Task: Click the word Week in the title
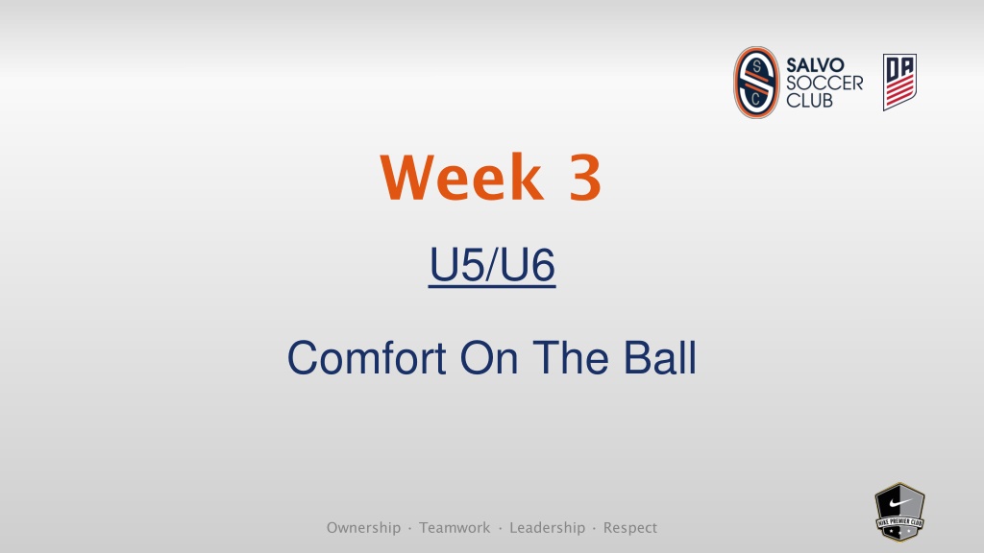tap(461, 177)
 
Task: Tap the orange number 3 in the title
tap(585, 178)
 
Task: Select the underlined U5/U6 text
tap(492, 265)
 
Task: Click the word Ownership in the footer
tap(363, 528)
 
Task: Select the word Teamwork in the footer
tap(455, 528)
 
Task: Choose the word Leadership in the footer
tap(547, 528)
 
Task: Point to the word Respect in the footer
tap(630, 528)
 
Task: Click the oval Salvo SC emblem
tap(756, 83)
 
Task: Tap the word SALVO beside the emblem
tap(815, 65)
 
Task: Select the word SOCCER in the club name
tap(824, 83)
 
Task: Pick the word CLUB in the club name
tap(809, 100)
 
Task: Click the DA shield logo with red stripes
tap(899, 83)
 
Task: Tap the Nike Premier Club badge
tap(899, 512)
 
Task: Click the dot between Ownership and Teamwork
tap(409, 528)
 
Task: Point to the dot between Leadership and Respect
tap(594, 528)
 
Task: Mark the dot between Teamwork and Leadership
tap(500, 528)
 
